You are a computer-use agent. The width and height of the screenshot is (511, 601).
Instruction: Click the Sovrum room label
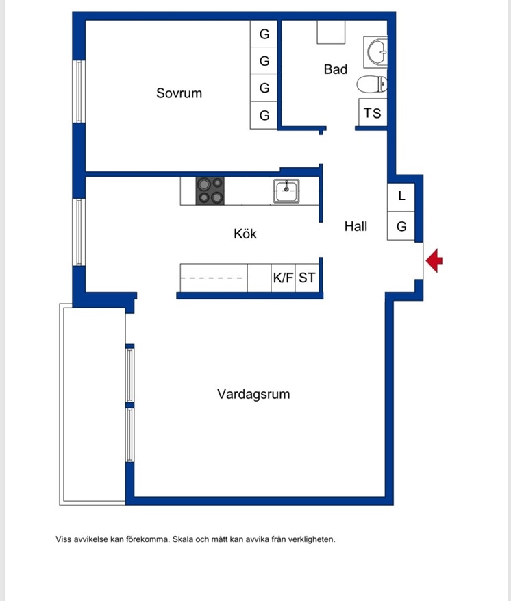click(x=179, y=93)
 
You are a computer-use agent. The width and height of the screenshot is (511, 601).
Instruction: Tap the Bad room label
click(x=336, y=69)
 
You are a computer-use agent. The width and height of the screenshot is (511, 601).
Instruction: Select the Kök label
click(x=245, y=234)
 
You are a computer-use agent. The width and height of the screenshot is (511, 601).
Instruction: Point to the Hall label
click(x=356, y=226)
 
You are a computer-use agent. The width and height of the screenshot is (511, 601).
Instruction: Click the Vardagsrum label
click(x=253, y=394)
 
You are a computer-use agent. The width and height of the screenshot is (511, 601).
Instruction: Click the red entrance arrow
click(x=434, y=260)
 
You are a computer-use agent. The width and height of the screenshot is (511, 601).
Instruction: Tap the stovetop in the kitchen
click(x=210, y=191)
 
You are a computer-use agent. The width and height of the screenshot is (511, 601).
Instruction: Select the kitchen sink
click(x=286, y=191)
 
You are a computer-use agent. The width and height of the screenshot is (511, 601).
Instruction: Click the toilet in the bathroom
click(x=372, y=84)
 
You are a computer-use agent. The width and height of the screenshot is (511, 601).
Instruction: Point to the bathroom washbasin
click(x=375, y=52)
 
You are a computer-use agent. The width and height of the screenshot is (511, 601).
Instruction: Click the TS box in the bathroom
click(x=373, y=112)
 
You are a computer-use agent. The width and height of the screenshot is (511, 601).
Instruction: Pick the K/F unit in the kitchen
click(x=284, y=278)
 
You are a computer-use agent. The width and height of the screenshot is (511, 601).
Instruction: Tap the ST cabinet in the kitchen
click(x=307, y=278)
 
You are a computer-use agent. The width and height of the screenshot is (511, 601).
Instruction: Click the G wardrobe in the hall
click(x=401, y=225)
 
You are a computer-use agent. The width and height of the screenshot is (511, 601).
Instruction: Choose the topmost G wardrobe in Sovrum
click(x=264, y=34)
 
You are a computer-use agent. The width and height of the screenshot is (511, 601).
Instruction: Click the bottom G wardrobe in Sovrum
click(x=264, y=115)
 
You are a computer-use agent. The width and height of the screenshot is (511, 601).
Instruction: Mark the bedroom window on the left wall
click(x=79, y=92)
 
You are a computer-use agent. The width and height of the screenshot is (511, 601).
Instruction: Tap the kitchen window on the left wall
click(x=79, y=232)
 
